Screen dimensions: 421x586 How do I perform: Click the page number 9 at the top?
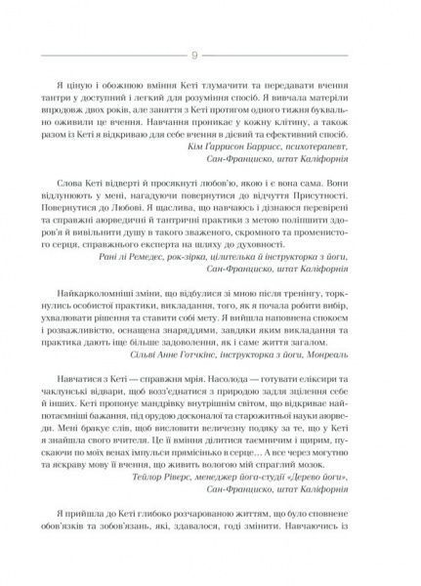tap(209, 55)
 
